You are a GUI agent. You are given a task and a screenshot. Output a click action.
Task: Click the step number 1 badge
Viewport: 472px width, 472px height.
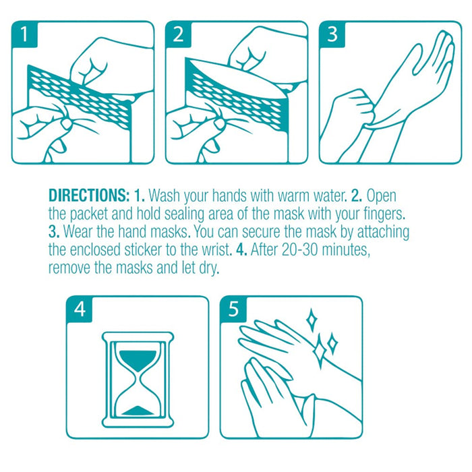(x=25, y=34)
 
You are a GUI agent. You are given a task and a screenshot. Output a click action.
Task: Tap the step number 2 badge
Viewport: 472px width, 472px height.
(x=179, y=34)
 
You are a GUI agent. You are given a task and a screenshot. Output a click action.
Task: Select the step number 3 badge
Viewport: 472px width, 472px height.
(x=332, y=34)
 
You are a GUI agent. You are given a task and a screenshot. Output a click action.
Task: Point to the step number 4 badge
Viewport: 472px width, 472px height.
(x=80, y=309)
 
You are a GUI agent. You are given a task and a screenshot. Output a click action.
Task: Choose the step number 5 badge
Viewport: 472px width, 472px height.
(x=233, y=309)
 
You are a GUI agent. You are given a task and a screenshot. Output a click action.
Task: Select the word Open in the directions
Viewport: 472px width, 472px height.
(x=381, y=196)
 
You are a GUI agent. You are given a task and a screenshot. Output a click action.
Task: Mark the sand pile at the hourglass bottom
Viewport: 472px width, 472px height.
(x=138, y=411)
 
